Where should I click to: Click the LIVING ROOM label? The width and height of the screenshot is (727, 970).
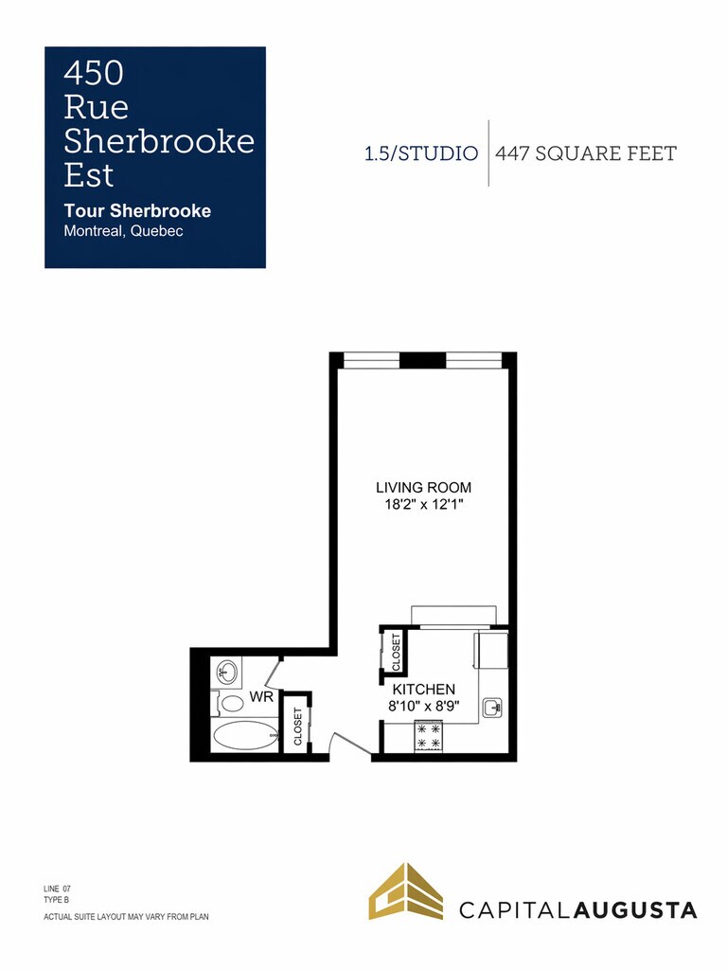pos(423,488)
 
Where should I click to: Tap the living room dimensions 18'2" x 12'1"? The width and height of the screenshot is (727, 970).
pos(424,505)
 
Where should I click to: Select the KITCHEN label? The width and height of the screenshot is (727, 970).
pos(424,690)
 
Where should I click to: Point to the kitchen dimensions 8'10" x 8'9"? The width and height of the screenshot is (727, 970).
pos(424,707)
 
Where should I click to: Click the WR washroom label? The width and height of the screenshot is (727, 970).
pos(261,697)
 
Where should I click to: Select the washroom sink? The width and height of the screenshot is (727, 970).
pos(226,672)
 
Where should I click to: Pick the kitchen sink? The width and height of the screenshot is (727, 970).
pos(492,707)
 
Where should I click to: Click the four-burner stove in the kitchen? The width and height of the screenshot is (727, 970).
pos(429,736)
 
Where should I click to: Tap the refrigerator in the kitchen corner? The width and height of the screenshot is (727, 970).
pos(491,650)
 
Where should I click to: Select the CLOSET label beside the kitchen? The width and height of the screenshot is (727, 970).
pos(397,652)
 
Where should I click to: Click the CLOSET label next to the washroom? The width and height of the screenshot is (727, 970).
pos(298,727)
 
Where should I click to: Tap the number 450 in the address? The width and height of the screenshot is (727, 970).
pos(94,73)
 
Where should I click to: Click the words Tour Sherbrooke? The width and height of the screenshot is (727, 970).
pos(137,211)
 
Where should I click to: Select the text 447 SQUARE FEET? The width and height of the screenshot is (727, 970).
pos(586,153)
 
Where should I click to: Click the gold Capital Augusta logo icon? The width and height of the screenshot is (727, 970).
pos(406,891)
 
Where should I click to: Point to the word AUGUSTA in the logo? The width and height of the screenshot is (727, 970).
pos(635,910)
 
